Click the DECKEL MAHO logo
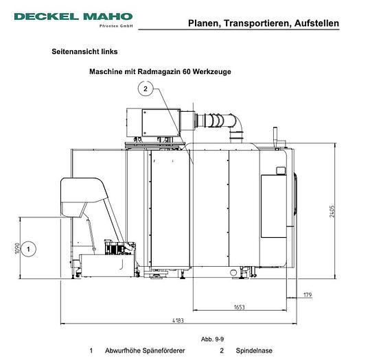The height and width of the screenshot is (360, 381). tap(73, 16)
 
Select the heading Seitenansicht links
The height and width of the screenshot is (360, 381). tap(84, 51)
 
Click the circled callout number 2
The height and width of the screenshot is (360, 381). tap(146, 89)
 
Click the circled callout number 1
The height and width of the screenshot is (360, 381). tap(28, 249)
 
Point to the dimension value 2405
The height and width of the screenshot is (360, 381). tap(332, 211)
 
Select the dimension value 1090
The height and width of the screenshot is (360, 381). tap(17, 248)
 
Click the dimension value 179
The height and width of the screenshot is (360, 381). tap(308, 295)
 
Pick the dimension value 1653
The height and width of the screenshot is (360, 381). tap(239, 307)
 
